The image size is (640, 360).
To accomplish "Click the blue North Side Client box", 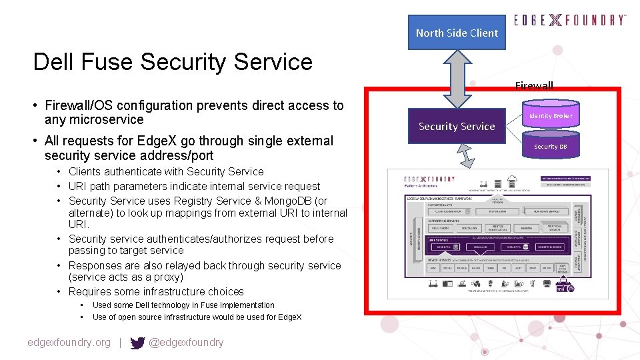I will [457, 33].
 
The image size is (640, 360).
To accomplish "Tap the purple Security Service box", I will [457, 126].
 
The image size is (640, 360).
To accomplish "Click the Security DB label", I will [550, 146].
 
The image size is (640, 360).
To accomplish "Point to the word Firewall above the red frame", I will [534, 85].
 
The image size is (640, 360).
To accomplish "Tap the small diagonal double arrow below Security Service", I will [467, 159].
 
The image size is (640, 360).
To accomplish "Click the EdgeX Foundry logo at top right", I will [570, 20].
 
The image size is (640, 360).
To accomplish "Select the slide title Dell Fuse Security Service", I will [173, 62].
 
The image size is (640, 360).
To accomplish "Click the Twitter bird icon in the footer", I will [137, 343].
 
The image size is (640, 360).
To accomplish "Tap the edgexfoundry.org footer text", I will [69, 343].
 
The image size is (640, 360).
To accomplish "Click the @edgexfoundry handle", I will [186, 343].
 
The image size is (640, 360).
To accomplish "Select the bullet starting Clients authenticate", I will [165, 171].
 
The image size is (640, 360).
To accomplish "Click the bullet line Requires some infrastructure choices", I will [156, 291].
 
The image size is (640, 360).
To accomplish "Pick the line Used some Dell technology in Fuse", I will [183, 305].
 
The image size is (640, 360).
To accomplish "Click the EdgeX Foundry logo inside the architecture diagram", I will [430, 179].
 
